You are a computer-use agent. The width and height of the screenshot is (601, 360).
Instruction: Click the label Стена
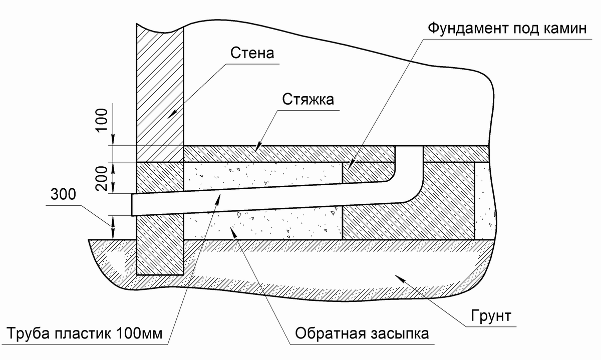pos(252,53)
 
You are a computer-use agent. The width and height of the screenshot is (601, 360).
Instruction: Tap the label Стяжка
pos(308,99)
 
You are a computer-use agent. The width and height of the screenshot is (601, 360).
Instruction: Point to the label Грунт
pos(491,316)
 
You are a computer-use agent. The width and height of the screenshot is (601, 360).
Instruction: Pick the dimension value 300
pos(63,194)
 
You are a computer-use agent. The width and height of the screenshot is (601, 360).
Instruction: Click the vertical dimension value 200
pos(102,178)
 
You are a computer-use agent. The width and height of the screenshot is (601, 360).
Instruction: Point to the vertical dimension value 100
pos(102,120)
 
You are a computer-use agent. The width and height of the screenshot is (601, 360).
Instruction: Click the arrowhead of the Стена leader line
pos(172,114)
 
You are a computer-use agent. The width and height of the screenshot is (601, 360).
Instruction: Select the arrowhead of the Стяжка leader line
pos(257,147)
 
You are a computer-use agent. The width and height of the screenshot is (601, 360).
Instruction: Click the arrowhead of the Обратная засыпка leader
pos(234,231)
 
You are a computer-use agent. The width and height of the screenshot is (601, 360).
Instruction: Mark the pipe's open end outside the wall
pos(132,205)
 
